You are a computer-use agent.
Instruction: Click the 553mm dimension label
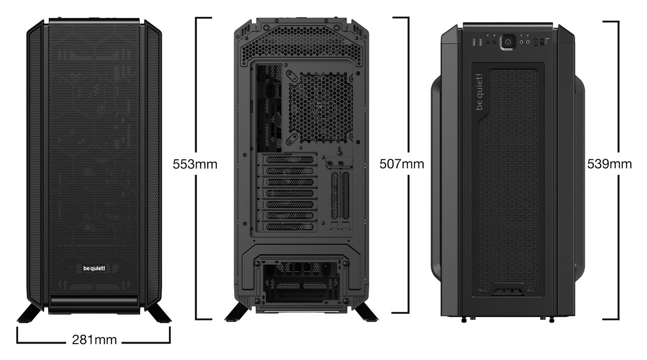pos(195,164)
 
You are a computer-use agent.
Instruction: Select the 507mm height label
pos(402,164)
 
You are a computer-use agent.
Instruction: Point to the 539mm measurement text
pos(609,164)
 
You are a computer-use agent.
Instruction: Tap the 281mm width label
pos(94,340)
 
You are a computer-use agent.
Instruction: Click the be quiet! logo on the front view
pos(94,269)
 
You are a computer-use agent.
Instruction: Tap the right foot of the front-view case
pos(159,313)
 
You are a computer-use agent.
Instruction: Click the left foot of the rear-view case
pos(237,312)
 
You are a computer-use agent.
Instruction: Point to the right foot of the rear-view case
pos(366,312)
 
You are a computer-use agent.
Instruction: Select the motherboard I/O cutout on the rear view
pos(269,108)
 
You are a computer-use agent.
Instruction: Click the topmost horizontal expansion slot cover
pos(290,160)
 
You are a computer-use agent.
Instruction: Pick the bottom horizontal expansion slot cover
pos(290,226)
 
